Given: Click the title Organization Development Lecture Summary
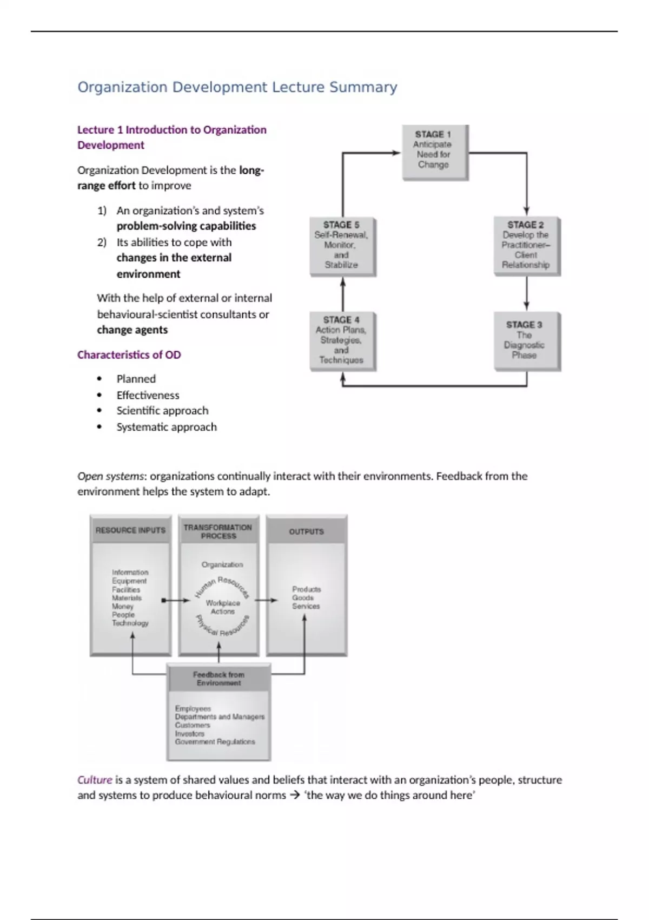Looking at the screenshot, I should click(x=237, y=87).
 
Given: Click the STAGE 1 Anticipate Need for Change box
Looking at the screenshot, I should click(x=434, y=152).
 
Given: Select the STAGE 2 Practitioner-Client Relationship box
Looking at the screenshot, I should click(x=526, y=246).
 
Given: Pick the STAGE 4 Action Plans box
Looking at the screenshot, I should click(x=342, y=341).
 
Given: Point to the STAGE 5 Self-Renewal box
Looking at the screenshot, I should click(x=342, y=246).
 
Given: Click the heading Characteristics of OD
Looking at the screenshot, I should click(x=129, y=355).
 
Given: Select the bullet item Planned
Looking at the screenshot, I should click(x=136, y=379).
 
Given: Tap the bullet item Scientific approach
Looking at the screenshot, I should click(x=162, y=411).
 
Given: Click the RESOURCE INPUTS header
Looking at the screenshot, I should click(x=130, y=530).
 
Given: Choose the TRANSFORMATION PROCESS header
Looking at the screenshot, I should click(x=218, y=531).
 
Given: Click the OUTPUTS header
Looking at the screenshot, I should click(x=306, y=531).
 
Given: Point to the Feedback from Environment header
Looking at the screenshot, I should click(x=218, y=679).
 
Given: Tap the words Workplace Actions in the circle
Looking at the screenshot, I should click(x=222, y=607).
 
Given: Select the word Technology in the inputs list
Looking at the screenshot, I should click(x=130, y=623).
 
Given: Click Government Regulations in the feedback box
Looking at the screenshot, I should click(x=215, y=742).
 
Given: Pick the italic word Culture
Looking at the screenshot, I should click(x=95, y=780).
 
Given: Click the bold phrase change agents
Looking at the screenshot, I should click(x=132, y=330).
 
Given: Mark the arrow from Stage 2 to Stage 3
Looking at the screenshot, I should click(x=526, y=295).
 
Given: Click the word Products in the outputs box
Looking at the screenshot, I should click(x=306, y=589).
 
